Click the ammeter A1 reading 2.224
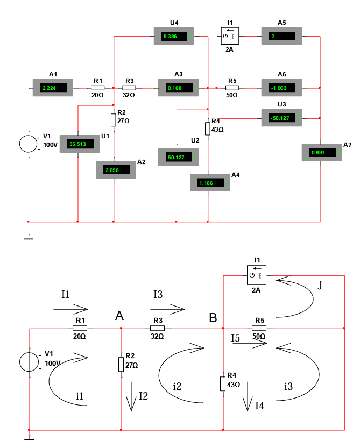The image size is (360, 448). [53, 87]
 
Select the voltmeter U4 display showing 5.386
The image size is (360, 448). [174, 37]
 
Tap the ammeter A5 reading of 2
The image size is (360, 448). [281, 37]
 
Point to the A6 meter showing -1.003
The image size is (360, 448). [281, 87]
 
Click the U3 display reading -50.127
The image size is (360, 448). [281, 117]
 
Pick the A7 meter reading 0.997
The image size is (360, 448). [321, 153]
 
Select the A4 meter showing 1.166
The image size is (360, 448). [208, 183]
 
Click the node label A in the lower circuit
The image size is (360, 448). [119, 316]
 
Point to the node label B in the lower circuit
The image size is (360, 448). [213, 318]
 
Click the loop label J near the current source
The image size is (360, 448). [321, 285]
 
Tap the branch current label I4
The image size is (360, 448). [260, 405]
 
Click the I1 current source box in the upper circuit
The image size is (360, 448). [230, 37]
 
